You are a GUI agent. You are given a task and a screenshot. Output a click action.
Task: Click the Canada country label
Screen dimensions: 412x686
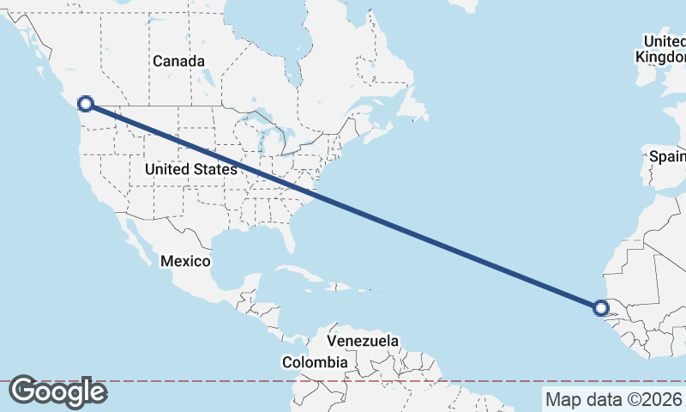pyautogui.click(x=179, y=61)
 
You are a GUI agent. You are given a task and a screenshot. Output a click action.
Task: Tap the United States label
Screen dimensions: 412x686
pyautogui.click(x=190, y=170)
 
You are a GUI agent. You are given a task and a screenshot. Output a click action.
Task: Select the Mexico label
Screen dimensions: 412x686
pyautogui.click(x=184, y=260)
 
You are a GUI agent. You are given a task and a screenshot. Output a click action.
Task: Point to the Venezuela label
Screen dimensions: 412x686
pyautogui.click(x=363, y=341)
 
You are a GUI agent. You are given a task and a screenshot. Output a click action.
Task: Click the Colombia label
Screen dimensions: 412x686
pyautogui.click(x=315, y=363)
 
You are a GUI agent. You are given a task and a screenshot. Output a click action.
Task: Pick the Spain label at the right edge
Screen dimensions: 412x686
pyautogui.click(x=667, y=156)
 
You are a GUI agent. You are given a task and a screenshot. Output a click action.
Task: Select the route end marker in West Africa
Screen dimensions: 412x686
pyautogui.click(x=601, y=307)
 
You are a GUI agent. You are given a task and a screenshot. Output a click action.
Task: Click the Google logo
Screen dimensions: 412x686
pyautogui.click(x=57, y=391)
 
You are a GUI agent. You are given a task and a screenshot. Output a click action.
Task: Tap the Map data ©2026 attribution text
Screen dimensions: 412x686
pyautogui.click(x=614, y=399)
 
